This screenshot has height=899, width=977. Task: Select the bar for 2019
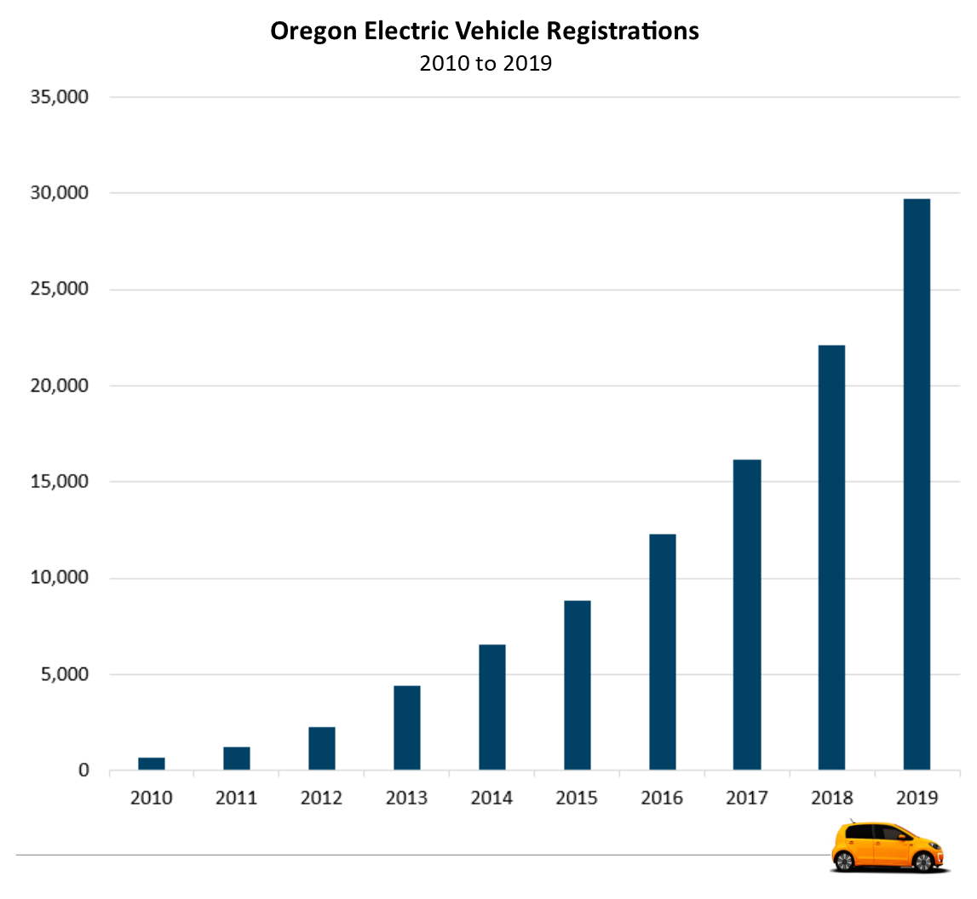point(917,484)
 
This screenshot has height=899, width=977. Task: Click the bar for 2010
point(152,764)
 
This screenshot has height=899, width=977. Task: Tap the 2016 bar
point(662,652)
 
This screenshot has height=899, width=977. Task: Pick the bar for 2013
point(407,728)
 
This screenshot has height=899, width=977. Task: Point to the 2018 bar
point(831,558)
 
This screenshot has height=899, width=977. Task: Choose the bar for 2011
point(237,759)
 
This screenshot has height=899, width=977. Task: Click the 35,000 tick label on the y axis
point(59,97)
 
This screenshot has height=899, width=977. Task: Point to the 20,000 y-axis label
point(59,386)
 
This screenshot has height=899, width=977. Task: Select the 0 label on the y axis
point(83,770)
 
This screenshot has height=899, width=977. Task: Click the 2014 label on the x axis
point(491,799)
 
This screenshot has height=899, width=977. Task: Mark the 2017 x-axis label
point(747,799)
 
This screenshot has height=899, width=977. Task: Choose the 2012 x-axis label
point(321,799)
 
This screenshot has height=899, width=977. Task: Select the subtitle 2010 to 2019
point(486,64)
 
